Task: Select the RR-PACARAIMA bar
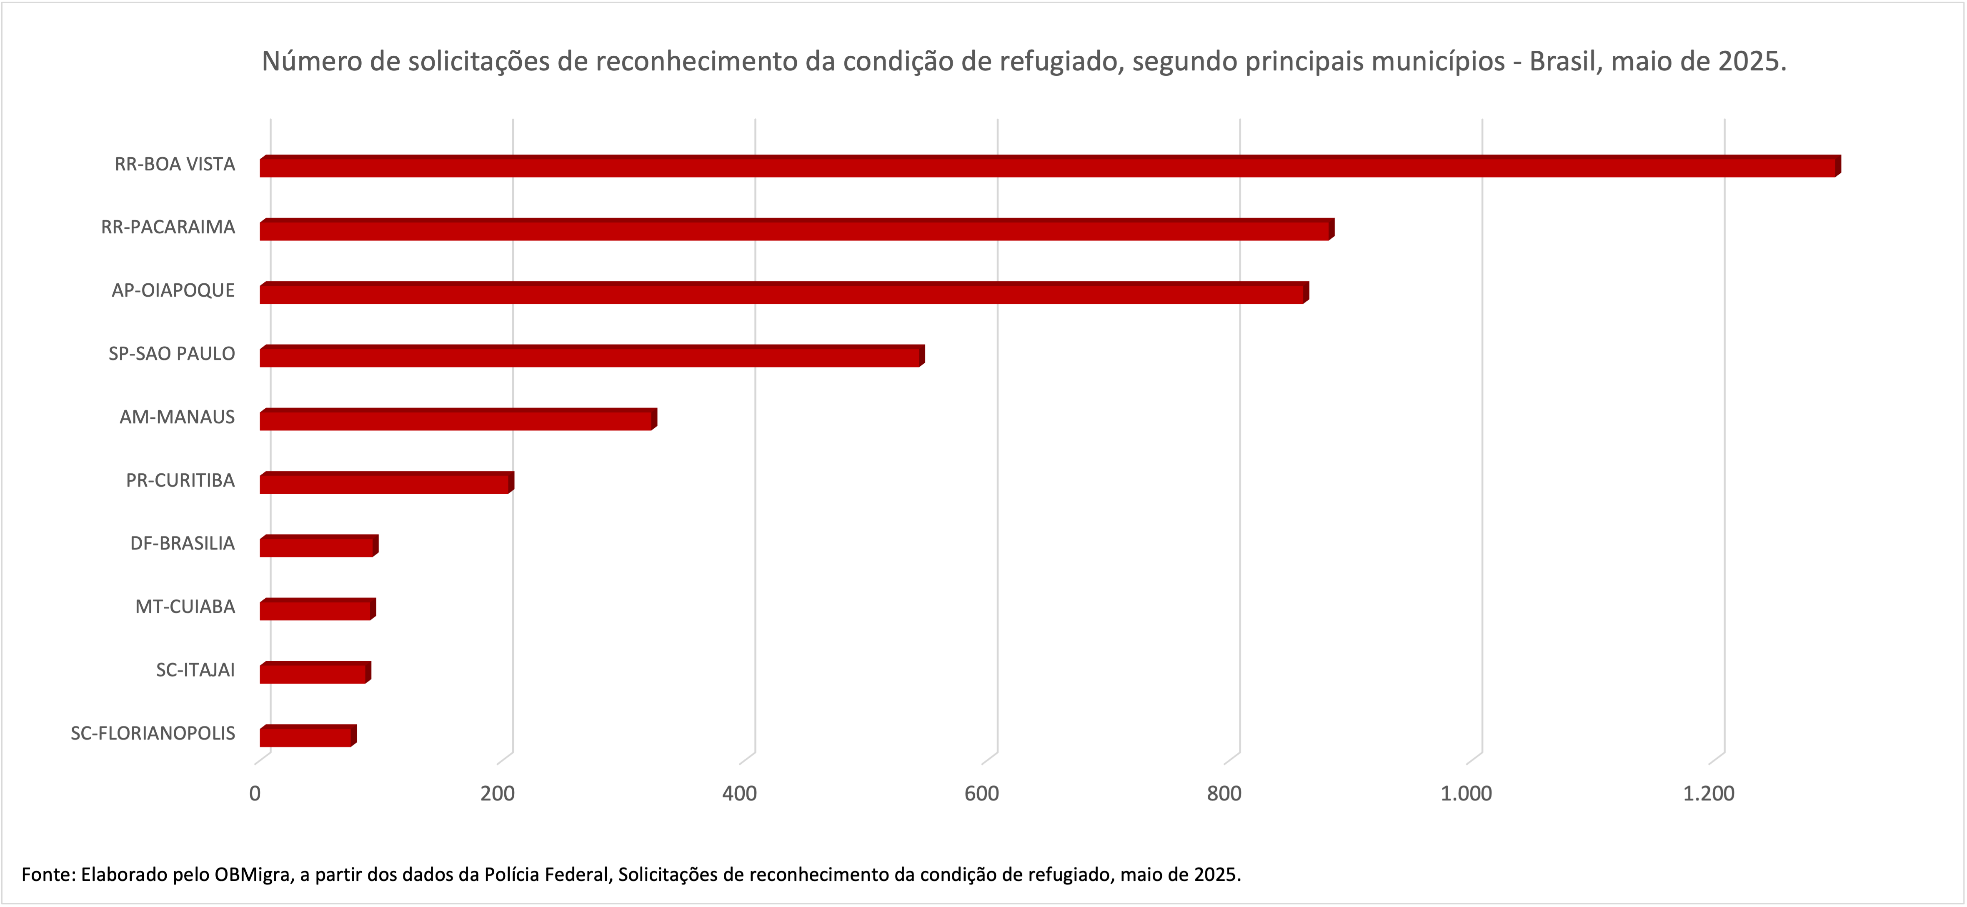tap(794, 230)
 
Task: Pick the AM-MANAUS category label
tap(177, 417)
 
